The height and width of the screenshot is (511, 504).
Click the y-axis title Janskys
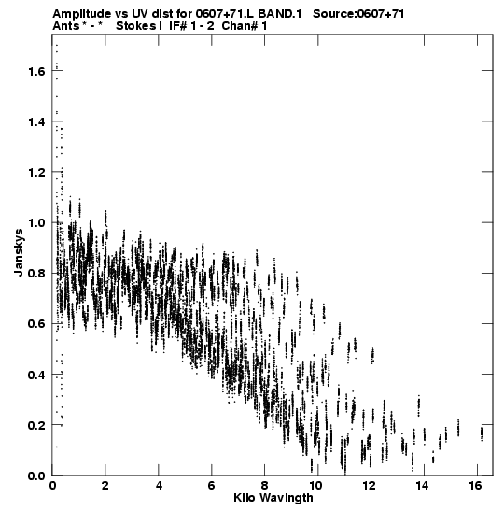pos(19,252)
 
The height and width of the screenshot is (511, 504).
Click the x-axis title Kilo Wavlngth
pos(273,498)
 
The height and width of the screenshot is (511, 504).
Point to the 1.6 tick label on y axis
pos(36,71)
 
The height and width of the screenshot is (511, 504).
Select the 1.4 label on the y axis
pos(36,121)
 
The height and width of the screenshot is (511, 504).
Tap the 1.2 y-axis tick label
pos(36,172)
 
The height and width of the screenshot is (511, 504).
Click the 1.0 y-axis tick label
pos(36,223)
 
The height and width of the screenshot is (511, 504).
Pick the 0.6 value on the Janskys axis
pos(36,324)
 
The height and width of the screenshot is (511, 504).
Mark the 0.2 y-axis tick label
pos(36,425)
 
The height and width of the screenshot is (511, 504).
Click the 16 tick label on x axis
pos(476,486)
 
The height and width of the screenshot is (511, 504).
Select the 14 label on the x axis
pos(422,486)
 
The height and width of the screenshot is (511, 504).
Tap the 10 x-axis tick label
pos(315,486)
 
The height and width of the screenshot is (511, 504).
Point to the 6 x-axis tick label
pos(211,486)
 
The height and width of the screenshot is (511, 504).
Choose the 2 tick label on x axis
pos(105,486)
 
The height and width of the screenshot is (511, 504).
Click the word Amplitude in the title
pos(82,14)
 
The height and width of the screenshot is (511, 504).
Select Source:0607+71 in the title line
pos(358,14)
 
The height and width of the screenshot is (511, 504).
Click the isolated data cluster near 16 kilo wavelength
pos(482,433)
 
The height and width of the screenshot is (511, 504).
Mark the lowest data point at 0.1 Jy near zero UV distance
pos(57,447)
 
